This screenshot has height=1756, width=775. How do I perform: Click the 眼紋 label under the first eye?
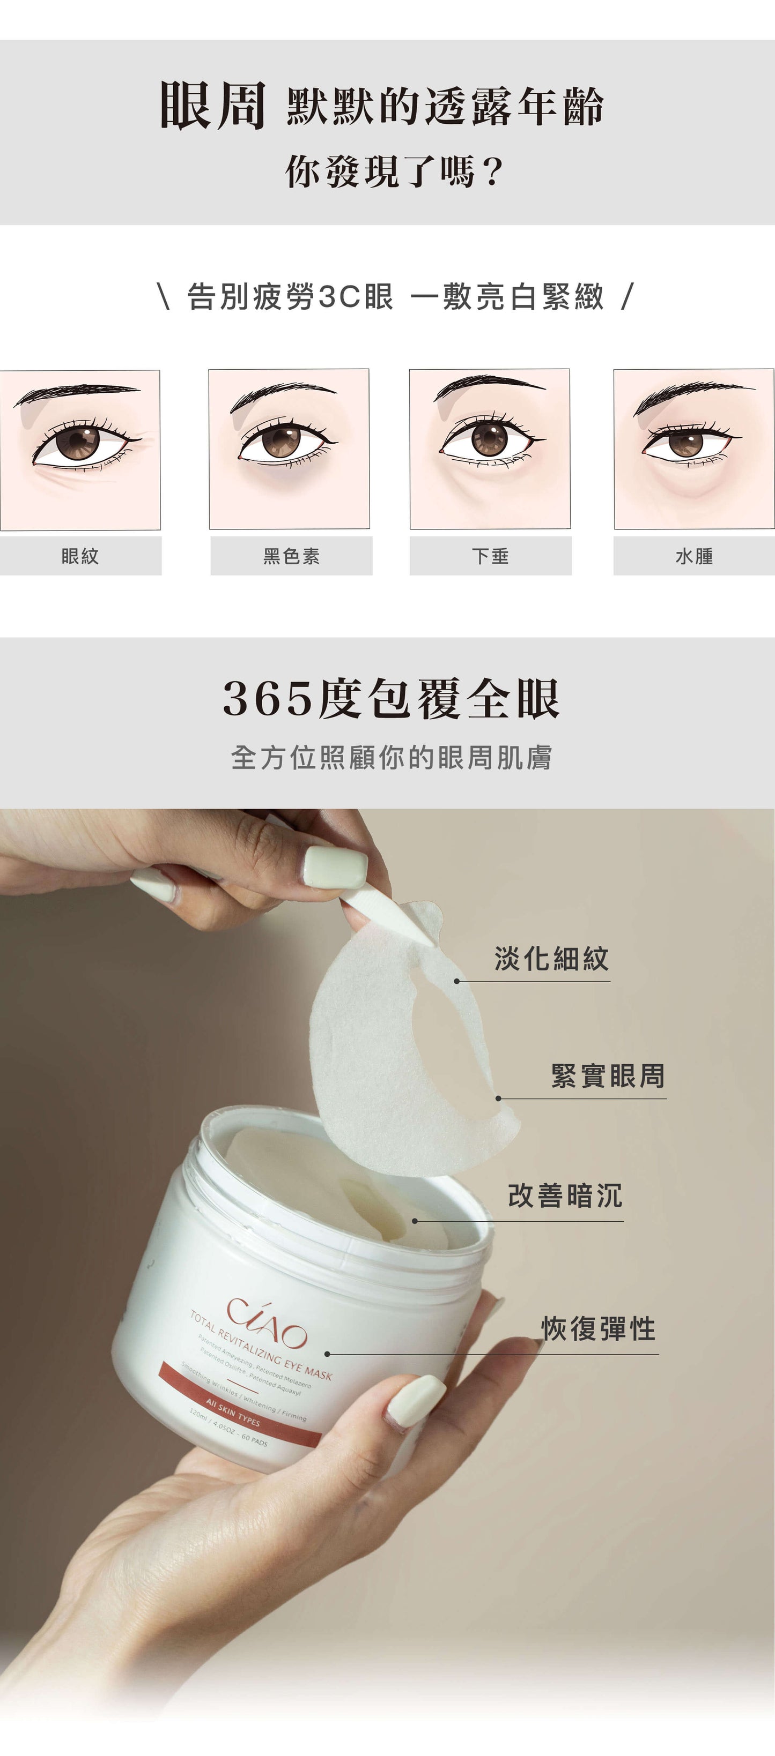tap(80, 556)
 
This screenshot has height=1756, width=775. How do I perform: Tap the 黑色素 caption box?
tap(291, 556)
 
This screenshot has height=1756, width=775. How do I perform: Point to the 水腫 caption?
tap(694, 556)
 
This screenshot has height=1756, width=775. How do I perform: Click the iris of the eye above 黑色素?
tap(281, 440)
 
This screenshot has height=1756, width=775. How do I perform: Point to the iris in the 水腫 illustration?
tap(685, 443)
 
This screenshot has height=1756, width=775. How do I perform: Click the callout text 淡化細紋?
tap(551, 959)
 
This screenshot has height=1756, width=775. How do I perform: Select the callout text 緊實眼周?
tap(608, 1075)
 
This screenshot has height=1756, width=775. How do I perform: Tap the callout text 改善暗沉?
tap(565, 1195)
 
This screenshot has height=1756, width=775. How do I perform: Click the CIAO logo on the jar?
tap(267, 1322)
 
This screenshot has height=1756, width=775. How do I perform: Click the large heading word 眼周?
tap(212, 106)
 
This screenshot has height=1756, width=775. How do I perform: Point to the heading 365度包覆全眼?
tap(391, 699)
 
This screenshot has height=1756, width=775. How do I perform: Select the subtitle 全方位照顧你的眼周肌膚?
tap(391, 757)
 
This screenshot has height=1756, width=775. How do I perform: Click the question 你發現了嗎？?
tap(394, 171)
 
